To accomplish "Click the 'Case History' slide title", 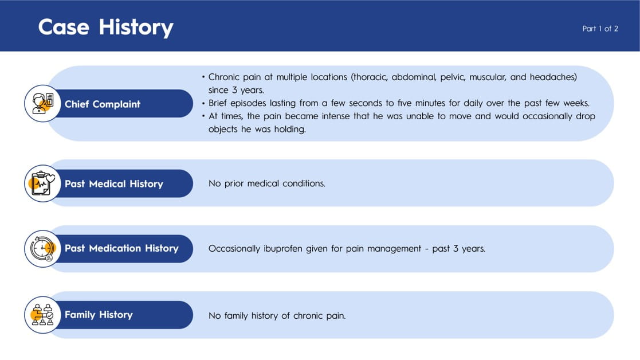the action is (x=106, y=28).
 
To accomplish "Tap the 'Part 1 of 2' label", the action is (x=600, y=29).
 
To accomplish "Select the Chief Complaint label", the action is (x=103, y=104).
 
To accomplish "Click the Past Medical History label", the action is (x=114, y=183).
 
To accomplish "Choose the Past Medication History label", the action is (x=121, y=248).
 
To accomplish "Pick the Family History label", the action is (x=99, y=315).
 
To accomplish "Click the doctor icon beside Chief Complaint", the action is (x=43, y=103).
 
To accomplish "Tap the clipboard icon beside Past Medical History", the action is (x=43, y=183).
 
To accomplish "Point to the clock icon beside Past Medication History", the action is (x=43, y=249).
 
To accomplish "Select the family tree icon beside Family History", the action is (x=43, y=315).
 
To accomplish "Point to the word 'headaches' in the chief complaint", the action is (x=553, y=77).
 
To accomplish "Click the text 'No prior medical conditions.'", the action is (x=267, y=183).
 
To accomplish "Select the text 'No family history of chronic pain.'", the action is (x=277, y=315).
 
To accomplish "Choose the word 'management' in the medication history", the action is (x=394, y=249).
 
